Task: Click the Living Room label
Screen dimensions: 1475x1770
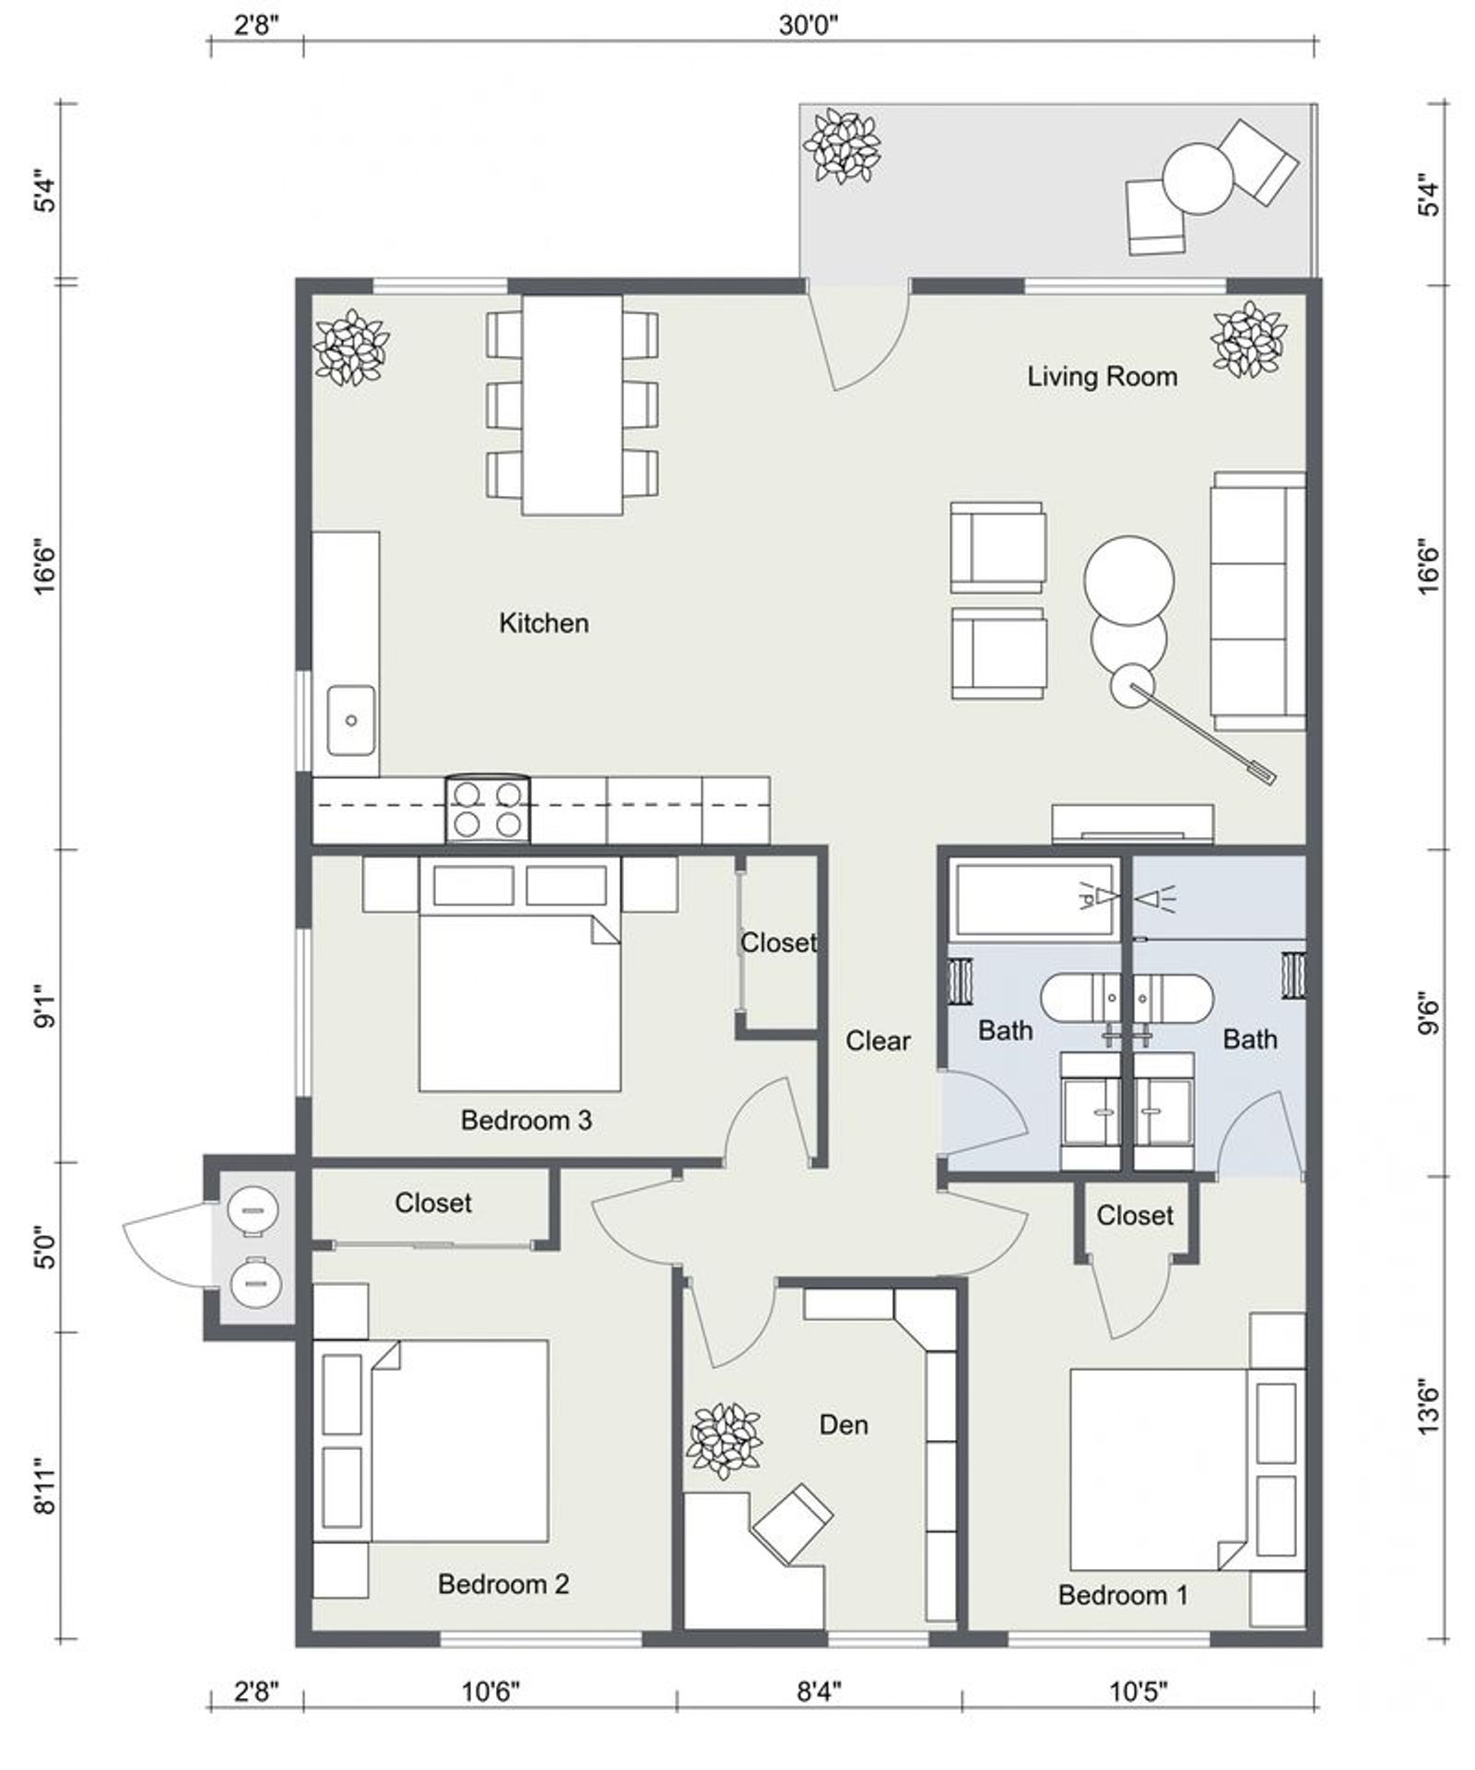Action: pyautogui.click(x=1102, y=376)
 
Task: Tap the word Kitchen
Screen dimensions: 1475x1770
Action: pyautogui.click(x=543, y=623)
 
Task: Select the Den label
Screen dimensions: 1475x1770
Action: pyautogui.click(x=844, y=1424)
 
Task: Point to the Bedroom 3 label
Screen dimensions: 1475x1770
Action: pyautogui.click(x=525, y=1120)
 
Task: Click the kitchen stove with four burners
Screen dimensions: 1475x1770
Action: pyautogui.click(x=488, y=808)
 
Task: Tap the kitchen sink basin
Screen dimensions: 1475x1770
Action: pyautogui.click(x=351, y=720)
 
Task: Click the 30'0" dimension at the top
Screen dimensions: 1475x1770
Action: pyautogui.click(x=808, y=25)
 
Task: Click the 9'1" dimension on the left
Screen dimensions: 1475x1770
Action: pyautogui.click(x=45, y=1007)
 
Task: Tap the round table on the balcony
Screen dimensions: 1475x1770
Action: pyautogui.click(x=1198, y=179)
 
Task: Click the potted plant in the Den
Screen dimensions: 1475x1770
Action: pyautogui.click(x=725, y=1442)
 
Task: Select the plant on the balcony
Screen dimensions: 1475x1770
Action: pyautogui.click(x=842, y=147)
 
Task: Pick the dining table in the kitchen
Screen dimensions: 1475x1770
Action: pyautogui.click(x=572, y=405)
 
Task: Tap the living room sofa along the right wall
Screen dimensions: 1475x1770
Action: pyautogui.click(x=1258, y=601)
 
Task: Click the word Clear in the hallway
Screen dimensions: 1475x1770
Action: pyautogui.click(x=878, y=1041)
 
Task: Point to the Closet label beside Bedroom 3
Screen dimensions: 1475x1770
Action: pyautogui.click(x=779, y=942)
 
